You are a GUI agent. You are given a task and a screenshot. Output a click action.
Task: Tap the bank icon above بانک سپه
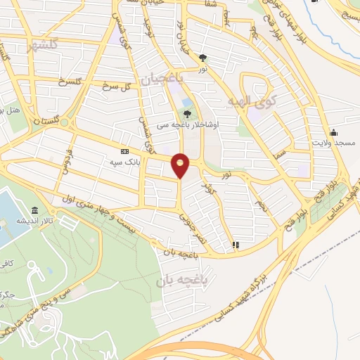tap(125, 151)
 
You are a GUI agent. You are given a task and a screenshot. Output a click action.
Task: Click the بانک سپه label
tap(125, 161)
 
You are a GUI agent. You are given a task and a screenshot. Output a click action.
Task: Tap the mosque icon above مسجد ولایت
tap(333, 133)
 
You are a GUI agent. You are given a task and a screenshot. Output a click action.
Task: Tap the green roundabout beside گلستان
tap(65, 122)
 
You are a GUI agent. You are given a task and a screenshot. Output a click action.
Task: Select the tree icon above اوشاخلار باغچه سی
tap(187, 113)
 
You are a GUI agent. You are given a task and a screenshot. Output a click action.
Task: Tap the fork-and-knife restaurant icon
tap(236, 245)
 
